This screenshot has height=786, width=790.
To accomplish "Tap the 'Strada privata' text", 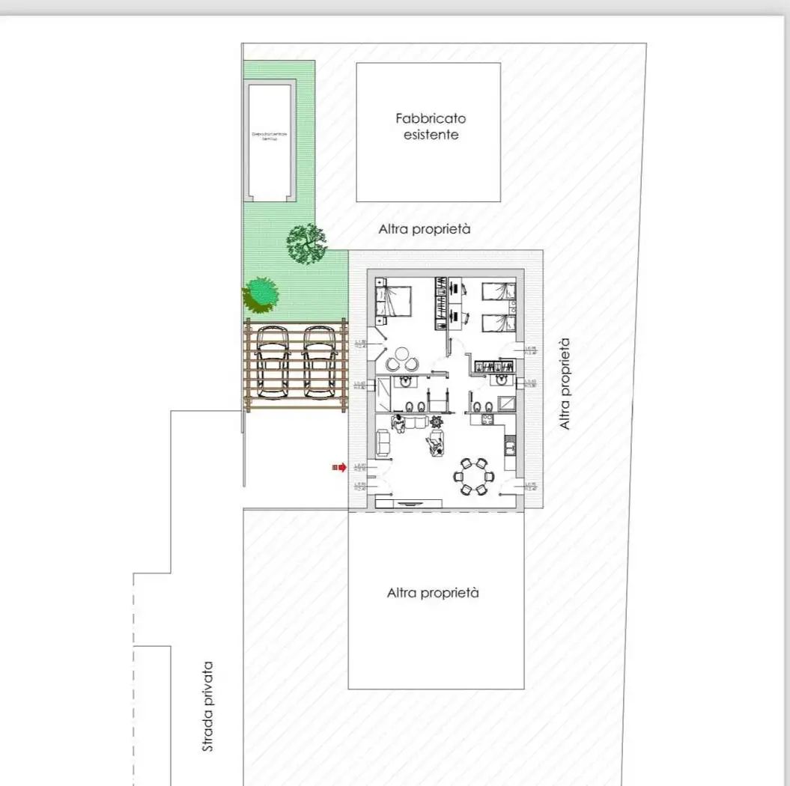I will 208,706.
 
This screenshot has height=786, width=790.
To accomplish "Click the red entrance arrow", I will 339,467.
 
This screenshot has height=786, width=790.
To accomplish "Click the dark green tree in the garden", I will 306,243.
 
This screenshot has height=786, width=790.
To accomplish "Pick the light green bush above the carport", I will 260,293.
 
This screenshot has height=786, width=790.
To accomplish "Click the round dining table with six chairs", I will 473,477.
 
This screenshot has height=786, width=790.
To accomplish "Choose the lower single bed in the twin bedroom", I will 498,323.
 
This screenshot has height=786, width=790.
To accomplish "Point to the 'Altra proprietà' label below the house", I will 432,593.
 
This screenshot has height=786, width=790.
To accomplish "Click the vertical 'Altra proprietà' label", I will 565,383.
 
